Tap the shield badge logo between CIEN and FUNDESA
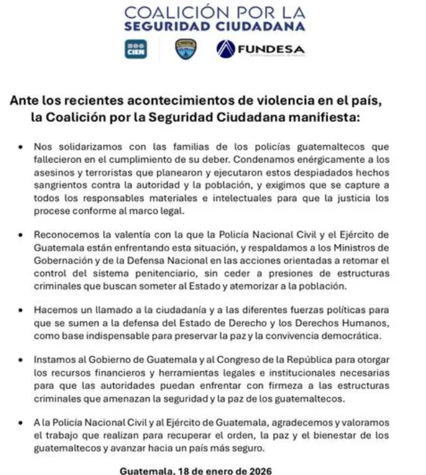(186, 50)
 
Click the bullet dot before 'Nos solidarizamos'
(25, 146)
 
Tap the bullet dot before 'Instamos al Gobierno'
(25, 360)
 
